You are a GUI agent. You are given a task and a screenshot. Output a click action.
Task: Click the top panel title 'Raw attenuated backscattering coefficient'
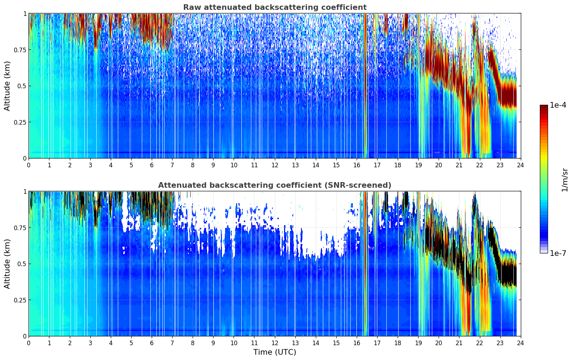coord(275,7)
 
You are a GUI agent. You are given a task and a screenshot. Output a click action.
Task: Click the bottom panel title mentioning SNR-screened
coord(275,185)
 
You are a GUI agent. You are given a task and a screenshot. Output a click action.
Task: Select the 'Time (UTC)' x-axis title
coord(275,352)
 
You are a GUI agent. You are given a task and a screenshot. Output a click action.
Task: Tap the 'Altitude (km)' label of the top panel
coord(7,86)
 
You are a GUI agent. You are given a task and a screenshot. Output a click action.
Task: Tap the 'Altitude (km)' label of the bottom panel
coord(7,264)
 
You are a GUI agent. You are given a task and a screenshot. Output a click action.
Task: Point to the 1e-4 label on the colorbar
coord(558,105)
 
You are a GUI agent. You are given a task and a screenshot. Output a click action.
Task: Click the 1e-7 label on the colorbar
coord(558,253)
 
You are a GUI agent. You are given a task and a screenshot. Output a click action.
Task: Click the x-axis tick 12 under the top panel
coord(275,165)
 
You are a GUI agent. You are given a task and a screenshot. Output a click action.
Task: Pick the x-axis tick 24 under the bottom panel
coord(520,343)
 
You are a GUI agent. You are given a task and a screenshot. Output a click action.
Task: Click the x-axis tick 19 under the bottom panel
coord(418,343)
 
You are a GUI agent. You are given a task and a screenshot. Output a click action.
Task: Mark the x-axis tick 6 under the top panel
coord(152,165)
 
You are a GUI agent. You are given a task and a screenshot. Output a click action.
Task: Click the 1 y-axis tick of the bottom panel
coord(25,192)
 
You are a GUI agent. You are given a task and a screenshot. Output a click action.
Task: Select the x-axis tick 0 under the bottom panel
coord(29,343)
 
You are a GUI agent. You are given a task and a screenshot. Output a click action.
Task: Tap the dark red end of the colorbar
coord(544,107)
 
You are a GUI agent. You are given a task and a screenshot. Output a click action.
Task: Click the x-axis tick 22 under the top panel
coord(480,165)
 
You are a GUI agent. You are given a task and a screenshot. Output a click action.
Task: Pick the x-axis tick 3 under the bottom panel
coord(90,343)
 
